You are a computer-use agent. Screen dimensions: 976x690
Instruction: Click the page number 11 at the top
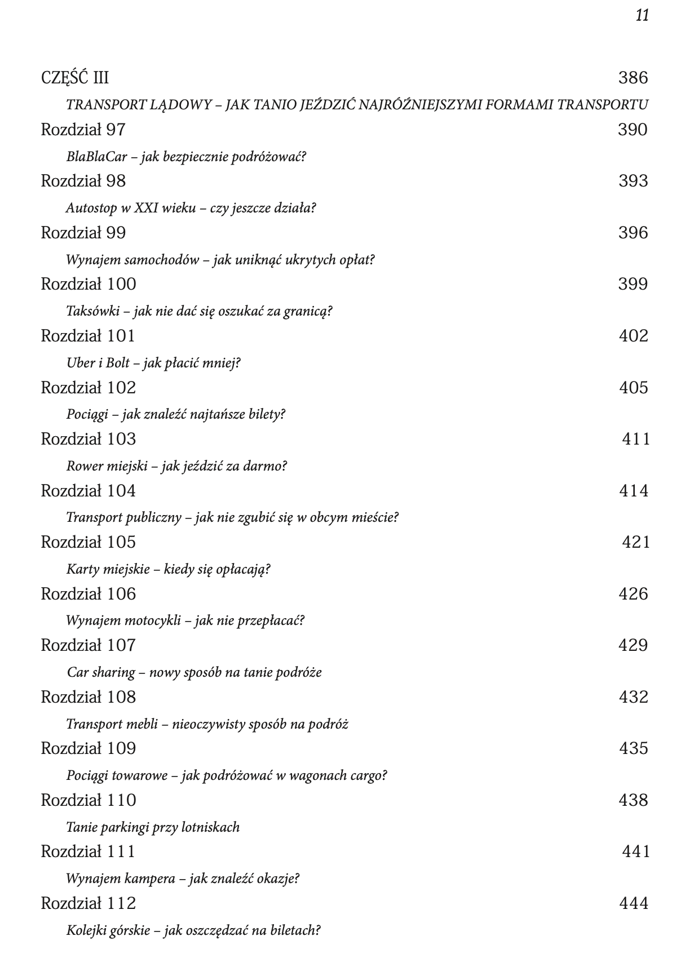[x=642, y=15]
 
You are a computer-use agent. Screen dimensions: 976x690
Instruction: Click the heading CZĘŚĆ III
[x=75, y=78]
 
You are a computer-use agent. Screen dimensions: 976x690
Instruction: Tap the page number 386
[x=633, y=78]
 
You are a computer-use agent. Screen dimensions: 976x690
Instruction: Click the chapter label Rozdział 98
[x=83, y=181]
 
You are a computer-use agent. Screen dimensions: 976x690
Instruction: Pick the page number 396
[x=633, y=233]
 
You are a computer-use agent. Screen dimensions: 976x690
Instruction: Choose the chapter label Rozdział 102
[x=89, y=388]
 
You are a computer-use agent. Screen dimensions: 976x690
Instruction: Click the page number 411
[x=636, y=439]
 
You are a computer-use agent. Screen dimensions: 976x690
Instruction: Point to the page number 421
[x=636, y=542]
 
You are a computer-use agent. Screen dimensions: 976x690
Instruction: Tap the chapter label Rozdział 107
[x=89, y=645]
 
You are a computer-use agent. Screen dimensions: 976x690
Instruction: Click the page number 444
[x=634, y=903]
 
